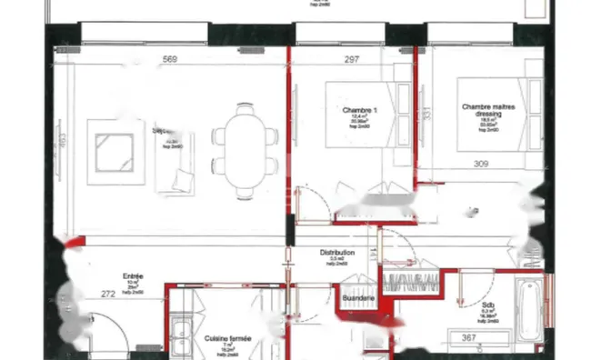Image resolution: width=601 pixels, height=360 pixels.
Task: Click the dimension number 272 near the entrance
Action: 108,295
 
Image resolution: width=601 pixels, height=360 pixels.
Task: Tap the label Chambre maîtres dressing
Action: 487,111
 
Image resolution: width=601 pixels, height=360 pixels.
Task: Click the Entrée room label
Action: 134,275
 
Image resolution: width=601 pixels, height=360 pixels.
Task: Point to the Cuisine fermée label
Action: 227,338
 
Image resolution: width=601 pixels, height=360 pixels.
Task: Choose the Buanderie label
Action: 357,297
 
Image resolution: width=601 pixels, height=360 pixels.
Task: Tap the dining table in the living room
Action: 244,149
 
